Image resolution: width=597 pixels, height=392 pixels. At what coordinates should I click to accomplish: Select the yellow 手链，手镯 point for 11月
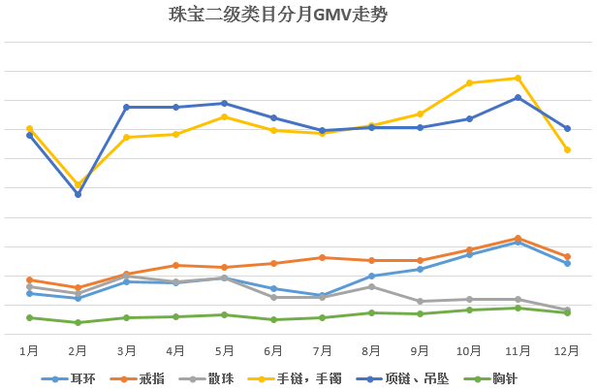coord(518,78)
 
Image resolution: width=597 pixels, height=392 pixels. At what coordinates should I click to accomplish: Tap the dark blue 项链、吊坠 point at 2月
coord(78,194)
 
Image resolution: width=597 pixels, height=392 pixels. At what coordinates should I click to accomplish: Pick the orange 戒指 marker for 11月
coord(518,238)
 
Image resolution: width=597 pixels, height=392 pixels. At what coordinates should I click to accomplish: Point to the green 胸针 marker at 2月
coord(78,322)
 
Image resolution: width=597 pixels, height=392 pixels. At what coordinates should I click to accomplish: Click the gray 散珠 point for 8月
coord(371,286)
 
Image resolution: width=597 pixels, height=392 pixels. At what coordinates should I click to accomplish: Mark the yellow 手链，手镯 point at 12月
coord(567,149)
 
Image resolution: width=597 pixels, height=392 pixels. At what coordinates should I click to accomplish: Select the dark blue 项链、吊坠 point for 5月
coord(225,103)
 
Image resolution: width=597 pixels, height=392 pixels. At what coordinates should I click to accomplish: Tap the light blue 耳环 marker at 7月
coord(322,295)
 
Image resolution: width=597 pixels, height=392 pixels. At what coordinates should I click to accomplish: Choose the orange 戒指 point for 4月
coord(175,265)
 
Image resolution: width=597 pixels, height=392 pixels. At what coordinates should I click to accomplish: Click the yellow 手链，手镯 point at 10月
coord(469,83)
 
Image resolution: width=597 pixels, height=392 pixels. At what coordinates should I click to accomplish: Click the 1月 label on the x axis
coord(29,349)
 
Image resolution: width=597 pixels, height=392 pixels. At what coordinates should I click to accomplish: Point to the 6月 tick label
coord(273,349)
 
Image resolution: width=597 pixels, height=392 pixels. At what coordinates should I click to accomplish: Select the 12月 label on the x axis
coord(567,349)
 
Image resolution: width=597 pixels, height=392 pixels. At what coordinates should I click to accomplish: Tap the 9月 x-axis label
coord(420,349)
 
